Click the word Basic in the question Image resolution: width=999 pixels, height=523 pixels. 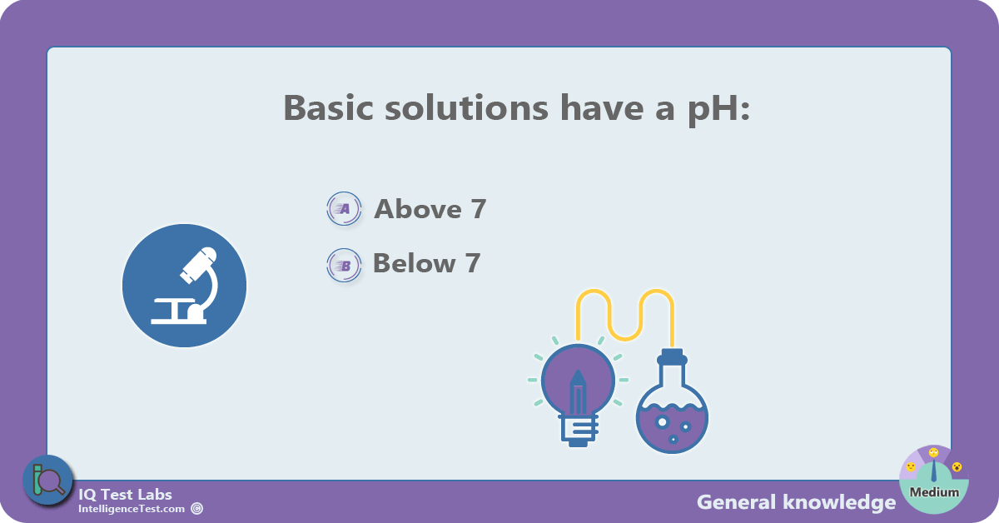328,107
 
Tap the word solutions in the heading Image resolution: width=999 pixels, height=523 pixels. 466,107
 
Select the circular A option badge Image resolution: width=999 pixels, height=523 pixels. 344,208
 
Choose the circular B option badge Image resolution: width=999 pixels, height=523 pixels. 344,265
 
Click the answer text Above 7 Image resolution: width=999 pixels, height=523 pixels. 430,209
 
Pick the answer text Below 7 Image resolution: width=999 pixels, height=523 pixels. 427,263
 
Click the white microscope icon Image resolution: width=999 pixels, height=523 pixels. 185,285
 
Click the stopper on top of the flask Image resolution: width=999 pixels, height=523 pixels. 672,356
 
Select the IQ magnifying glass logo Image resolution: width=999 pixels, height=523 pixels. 47,481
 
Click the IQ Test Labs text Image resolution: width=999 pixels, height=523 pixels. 126,495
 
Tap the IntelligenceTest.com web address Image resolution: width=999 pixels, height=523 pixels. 132,509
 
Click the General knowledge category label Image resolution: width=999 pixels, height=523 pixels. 796,502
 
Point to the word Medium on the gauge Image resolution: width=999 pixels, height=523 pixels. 934,492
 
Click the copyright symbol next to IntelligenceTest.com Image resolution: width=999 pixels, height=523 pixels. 197,509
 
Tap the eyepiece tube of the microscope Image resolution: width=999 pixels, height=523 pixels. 199,265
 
